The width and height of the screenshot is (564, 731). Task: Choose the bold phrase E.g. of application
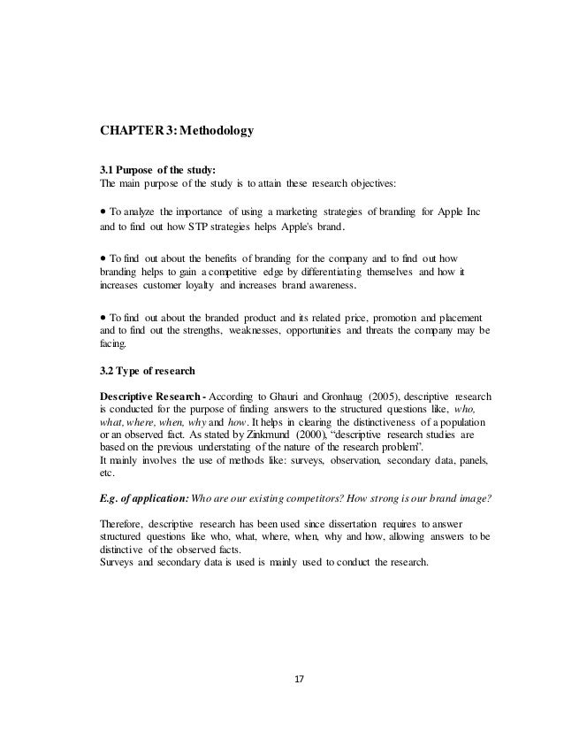[x=149, y=496]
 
